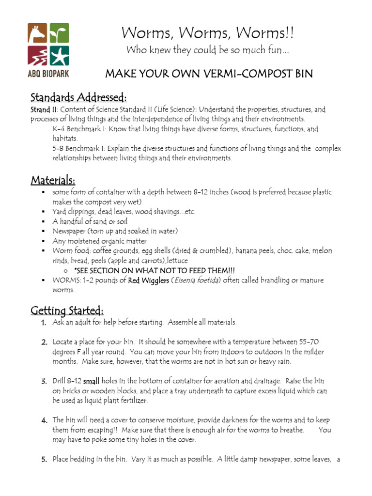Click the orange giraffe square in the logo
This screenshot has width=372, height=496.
click(38, 33)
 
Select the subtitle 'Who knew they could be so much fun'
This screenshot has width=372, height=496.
click(208, 50)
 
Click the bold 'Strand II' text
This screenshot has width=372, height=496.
click(44, 109)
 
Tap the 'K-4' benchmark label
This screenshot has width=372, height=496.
click(60, 129)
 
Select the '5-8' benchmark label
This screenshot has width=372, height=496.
click(60, 149)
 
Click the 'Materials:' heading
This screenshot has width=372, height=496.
click(53, 180)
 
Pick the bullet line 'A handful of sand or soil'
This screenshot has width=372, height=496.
click(90, 221)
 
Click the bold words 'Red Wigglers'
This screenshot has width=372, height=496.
click(149, 280)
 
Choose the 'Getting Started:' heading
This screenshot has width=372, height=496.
click(67, 310)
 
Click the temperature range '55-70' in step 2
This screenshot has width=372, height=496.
click(309, 342)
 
